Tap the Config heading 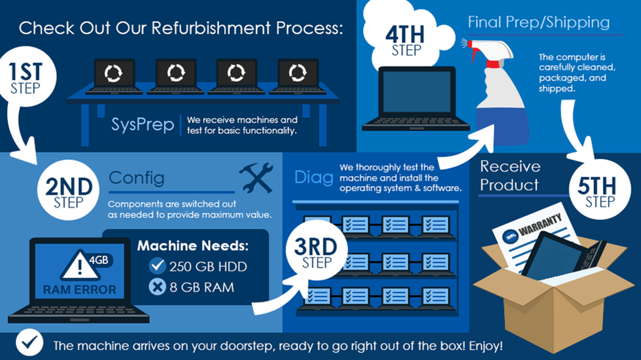point(137,177)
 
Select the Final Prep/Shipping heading point(538,22)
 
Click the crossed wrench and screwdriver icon point(255,177)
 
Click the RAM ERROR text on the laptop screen point(80,289)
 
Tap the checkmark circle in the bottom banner point(29,344)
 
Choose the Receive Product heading point(510,175)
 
